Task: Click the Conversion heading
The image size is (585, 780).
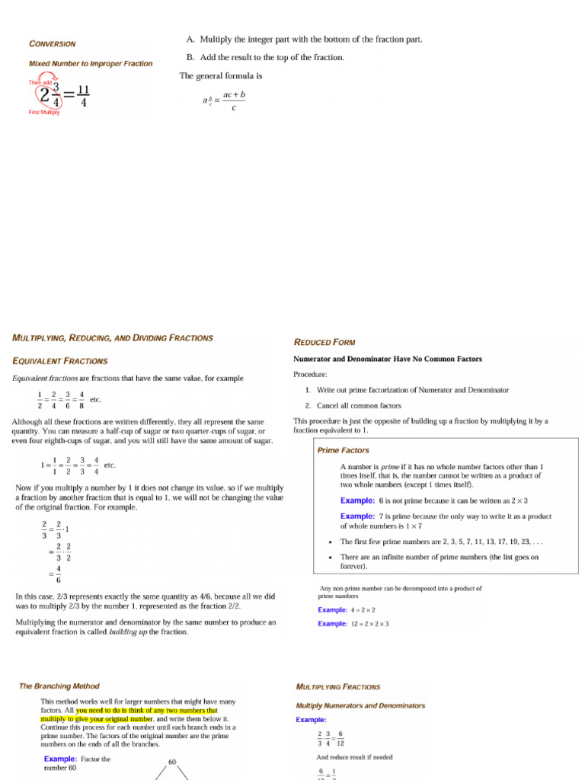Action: click(52, 43)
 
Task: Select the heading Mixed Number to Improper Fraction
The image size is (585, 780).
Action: click(90, 64)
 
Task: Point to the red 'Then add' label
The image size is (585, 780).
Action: click(40, 82)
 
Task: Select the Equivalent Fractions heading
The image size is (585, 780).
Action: click(60, 361)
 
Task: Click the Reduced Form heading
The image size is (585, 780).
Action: click(324, 342)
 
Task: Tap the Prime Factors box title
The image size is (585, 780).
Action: click(343, 450)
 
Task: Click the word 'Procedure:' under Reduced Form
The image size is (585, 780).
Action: click(310, 374)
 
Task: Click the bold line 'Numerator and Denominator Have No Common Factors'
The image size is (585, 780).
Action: click(387, 359)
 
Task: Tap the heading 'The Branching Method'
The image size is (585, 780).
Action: click(59, 686)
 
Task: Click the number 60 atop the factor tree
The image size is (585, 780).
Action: click(172, 762)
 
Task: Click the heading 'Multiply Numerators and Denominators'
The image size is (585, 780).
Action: click(360, 705)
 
